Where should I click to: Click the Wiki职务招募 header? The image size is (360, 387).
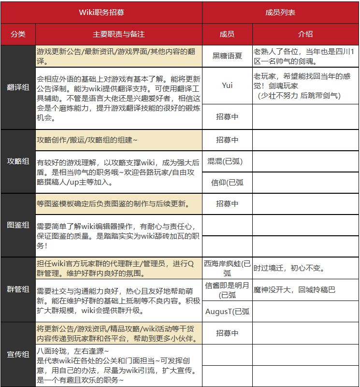101,13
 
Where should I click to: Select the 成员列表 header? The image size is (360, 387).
280,13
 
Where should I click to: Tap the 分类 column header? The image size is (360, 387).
18,34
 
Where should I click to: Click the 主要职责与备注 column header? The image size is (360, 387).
118,34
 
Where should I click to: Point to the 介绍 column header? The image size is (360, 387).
305,34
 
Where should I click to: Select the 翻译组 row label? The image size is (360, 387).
18,87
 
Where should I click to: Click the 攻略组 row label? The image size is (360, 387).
18,161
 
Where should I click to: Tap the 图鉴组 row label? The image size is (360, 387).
18,225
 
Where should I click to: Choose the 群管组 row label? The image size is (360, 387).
18,289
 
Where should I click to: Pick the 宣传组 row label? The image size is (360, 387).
18,354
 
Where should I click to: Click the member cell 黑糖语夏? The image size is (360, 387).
227,56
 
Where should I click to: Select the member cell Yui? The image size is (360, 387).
227,85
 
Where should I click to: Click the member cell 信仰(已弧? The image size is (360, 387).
227,183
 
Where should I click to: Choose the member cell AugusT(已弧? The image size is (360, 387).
227,311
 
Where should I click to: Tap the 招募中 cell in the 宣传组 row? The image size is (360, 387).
227,333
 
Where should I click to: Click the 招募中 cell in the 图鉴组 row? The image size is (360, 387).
227,204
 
